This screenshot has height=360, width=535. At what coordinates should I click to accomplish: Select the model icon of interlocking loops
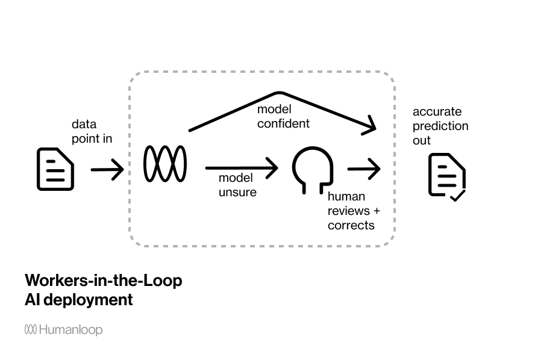coord(165,163)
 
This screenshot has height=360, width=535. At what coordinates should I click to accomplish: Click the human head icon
coord(313,169)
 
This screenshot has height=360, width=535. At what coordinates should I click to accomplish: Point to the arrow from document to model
coord(107,170)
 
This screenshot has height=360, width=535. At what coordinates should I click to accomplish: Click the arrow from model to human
coord(241,169)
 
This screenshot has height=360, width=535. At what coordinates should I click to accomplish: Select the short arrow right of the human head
coord(364,169)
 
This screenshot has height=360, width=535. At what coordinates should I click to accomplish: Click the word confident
coord(283,123)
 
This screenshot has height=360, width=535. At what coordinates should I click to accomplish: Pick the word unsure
coord(237,192)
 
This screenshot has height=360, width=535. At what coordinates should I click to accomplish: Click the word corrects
coord(351,225)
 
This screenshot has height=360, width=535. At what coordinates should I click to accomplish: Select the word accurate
coord(437,111)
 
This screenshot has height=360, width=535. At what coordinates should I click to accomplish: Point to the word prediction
coord(440,126)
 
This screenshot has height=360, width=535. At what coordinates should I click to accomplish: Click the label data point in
coord(92,131)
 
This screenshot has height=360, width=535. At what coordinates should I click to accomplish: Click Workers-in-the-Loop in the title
coord(103,281)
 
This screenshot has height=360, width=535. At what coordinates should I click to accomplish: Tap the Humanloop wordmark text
coord(71,330)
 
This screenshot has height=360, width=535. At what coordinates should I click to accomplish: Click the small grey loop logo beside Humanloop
coord(31,329)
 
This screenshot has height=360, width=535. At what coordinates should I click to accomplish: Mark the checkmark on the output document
coord(457,196)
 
